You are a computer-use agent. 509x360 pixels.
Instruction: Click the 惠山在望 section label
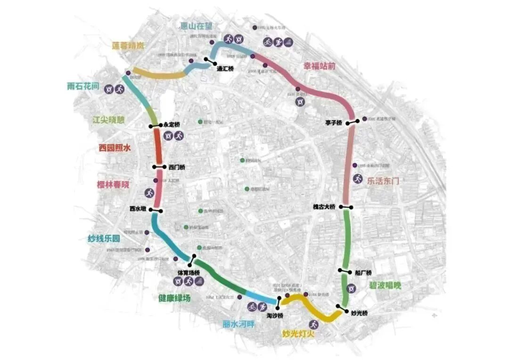[x=199, y=26]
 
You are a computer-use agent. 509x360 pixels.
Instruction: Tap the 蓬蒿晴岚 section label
[x=129, y=46]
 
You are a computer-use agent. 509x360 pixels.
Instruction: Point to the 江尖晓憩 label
[x=109, y=120]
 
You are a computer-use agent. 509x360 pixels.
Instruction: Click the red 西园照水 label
[x=115, y=147]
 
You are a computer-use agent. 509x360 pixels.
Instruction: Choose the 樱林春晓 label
[x=113, y=185]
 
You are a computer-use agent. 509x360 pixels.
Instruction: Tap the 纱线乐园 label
[x=104, y=238]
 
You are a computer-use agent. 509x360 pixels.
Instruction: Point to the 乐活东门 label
[x=383, y=180]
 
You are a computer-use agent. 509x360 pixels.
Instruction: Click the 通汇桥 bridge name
[x=225, y=69]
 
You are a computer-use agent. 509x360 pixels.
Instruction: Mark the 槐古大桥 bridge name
[x=324, y=207]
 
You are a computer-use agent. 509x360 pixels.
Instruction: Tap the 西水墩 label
[x=139, y=209]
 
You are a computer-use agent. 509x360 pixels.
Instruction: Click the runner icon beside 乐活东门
[x=358, y=179]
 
